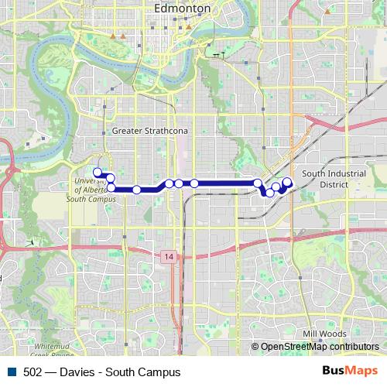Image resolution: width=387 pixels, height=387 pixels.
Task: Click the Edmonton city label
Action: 183,8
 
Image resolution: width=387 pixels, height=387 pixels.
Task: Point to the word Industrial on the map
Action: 344,174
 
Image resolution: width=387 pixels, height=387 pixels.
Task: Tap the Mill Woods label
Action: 324,334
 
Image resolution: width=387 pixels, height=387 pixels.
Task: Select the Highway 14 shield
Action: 169,256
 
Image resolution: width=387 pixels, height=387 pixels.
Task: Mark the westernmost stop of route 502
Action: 98,172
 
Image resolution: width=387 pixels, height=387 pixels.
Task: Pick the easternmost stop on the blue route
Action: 287,183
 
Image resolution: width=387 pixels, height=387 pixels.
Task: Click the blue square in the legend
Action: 13,372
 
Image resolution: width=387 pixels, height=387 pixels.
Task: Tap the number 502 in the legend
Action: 33,372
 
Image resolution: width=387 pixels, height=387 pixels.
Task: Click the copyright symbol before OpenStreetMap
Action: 255,347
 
